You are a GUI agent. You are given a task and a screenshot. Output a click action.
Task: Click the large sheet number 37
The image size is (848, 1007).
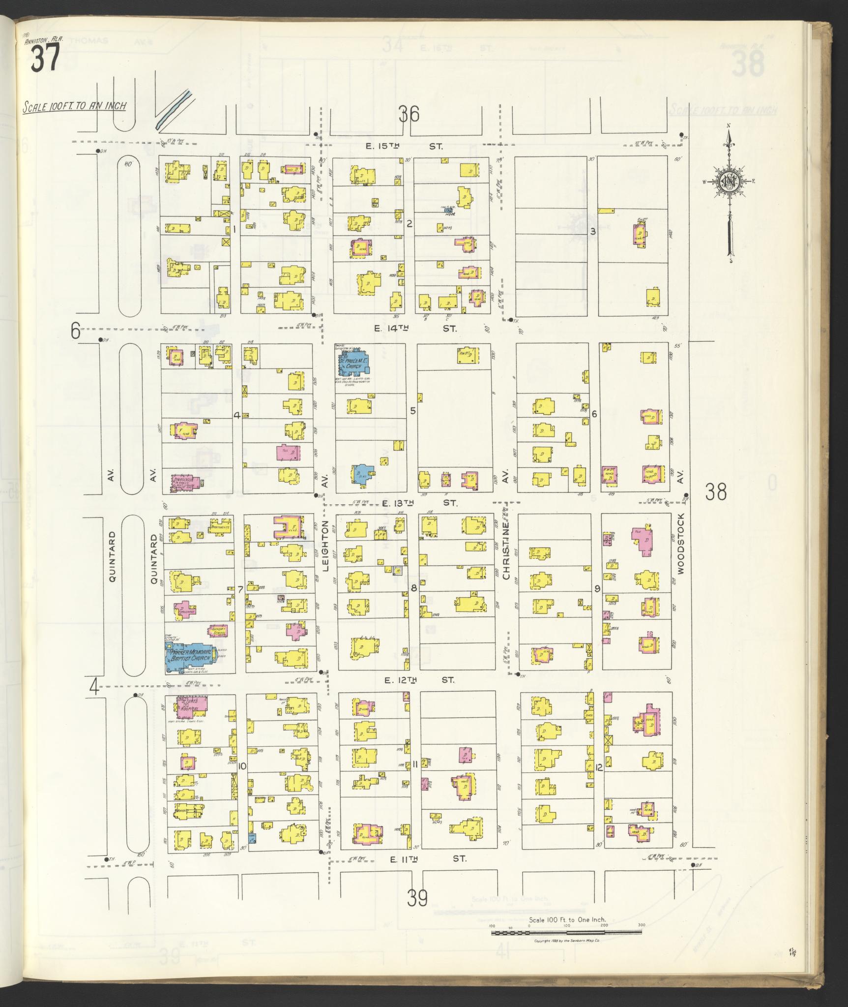point(45,58)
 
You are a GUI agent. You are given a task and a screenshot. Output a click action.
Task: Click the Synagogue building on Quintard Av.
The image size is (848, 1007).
point(185,481)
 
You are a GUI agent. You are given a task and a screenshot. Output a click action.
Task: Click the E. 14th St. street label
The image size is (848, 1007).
point(415,328)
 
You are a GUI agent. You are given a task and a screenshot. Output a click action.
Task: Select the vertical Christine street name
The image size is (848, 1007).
point(504,546)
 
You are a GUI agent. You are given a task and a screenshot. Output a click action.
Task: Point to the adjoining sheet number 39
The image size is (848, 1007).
point(417,898)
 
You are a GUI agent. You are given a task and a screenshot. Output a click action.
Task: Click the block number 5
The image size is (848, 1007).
point(413,410)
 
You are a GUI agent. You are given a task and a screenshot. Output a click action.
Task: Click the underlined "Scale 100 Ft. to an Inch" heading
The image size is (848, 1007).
point(74,106)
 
